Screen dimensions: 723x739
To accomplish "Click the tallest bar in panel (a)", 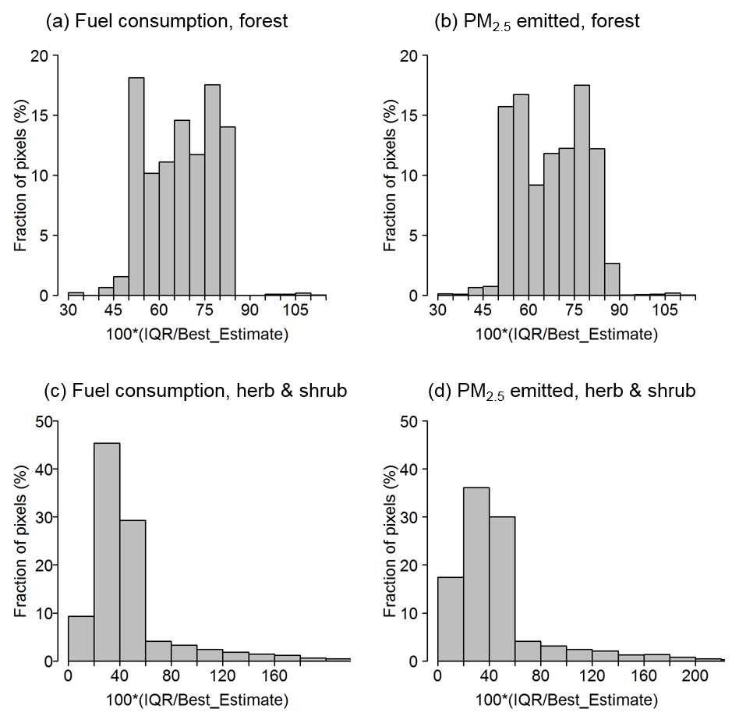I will tap(136, 187).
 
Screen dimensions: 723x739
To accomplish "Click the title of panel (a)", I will tap(167, 21).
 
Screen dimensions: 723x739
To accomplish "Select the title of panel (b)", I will tap(537, 22).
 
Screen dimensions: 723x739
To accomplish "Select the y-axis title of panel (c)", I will tap(20, 541).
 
